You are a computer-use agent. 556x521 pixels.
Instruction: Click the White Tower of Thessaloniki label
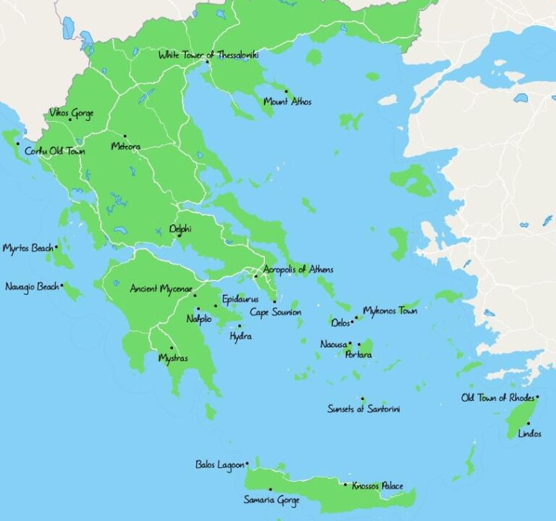click(208, 54)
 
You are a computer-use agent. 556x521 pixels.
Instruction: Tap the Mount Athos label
click(287, 102)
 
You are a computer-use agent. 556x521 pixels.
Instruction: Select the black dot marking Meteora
click(125, 136)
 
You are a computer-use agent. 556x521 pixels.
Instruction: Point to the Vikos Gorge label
click(71, 113)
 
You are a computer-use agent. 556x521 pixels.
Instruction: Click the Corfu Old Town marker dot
click(18, 143)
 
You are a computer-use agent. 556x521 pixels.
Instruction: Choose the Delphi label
click(180, 228)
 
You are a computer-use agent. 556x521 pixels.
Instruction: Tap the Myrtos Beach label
click(28, 248)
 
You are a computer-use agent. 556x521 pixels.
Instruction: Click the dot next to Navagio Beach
click(62, 285)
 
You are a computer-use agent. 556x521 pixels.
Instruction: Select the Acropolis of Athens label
click(298, 270)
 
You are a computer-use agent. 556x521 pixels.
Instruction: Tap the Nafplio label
click(199, 318)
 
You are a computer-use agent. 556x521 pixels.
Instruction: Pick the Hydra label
click(240, 337)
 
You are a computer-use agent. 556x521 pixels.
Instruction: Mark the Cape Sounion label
click(275, 312)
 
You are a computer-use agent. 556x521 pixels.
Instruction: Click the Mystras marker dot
click(172, 348)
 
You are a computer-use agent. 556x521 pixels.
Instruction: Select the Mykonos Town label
click(389, 311)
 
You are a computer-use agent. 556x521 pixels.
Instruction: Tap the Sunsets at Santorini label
click(363, 409)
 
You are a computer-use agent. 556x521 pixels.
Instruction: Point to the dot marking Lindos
click(528, 423)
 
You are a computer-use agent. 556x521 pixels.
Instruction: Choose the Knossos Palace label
click(377, 486)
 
